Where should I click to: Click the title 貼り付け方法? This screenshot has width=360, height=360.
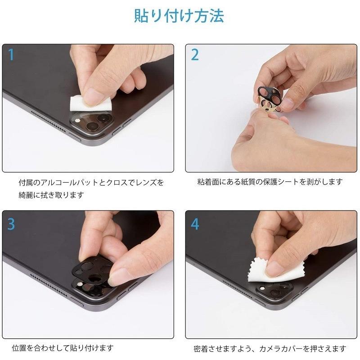pyautogui.click(x=179, y=16)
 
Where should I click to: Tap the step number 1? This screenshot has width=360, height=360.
pyautogui.click(x=11, y=55)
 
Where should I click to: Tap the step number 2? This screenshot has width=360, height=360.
pyautogui.click(x=195, y=55)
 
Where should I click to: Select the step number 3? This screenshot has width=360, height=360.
pyautogui.click(x=11, y=224)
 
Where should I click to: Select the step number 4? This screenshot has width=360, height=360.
pyautogui.click(x=195, y=224)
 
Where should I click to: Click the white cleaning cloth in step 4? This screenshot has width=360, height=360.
pyautogui.click(x=265, y=270)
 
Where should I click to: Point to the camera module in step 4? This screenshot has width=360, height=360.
pyautogui.click(x=273, y=291)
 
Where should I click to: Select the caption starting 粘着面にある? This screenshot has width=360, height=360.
pyautogui.click(x=270, y=182)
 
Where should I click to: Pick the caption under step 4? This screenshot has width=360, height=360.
pyautogui.click(x=270, y=348)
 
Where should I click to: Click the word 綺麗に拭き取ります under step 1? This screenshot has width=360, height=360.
pyautogui.click(x=51, y=195)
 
